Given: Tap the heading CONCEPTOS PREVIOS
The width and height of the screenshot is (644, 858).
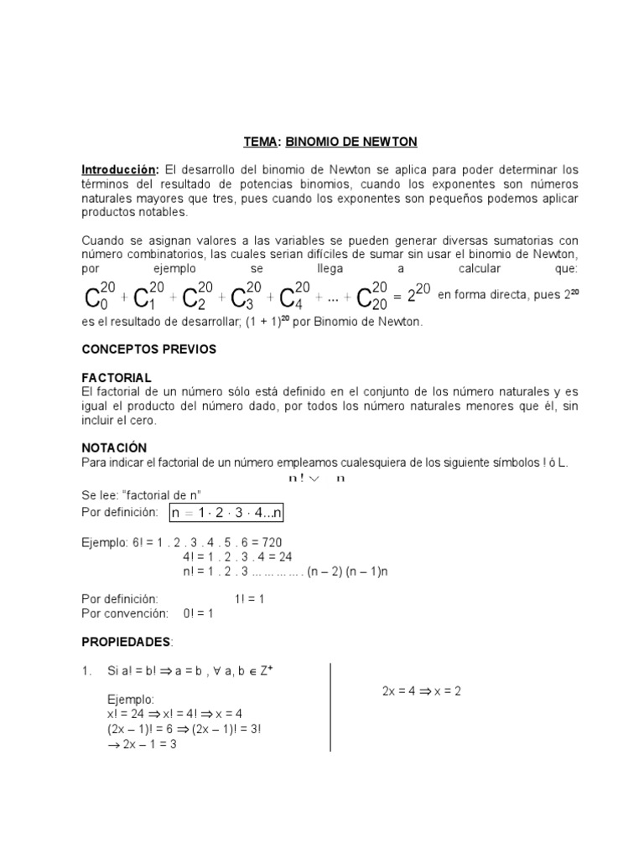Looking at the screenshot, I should coord(148,349).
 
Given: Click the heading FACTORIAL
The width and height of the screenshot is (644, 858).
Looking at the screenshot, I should coord(116,379).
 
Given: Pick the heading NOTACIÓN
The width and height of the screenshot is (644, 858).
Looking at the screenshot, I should coord(114,448).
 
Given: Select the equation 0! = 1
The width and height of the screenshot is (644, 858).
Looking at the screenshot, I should coord(199,613).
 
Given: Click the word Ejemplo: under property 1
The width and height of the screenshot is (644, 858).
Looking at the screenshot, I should coord(131,698).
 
